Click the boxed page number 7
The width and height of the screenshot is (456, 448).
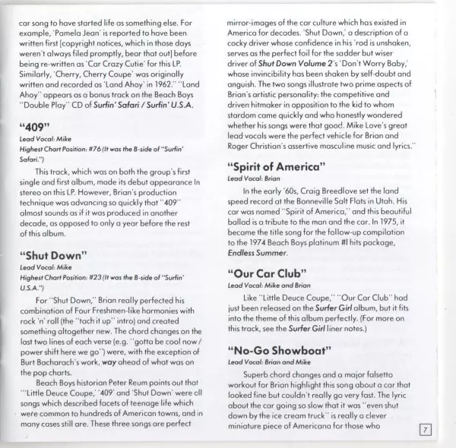pos(426,431)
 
